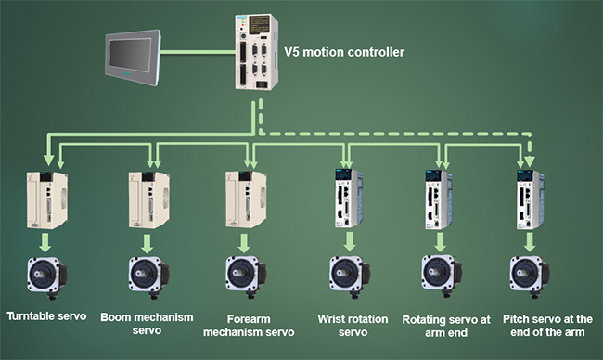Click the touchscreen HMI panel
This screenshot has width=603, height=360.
[x=133, y=58]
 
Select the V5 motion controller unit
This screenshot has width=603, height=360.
[x=256, y=52]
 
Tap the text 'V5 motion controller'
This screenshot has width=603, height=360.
[x=344, y=52]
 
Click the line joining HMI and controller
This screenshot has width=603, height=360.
[x=199, y=52]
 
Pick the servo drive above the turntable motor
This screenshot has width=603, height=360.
[x=47, y=200]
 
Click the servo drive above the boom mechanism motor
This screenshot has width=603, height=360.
[x=148, y=200]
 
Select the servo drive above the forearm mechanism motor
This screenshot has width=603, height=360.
[x=246, y=199]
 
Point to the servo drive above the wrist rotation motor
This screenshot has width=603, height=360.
[x=349, y=199]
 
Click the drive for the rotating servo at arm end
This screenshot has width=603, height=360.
[x=439, y=199]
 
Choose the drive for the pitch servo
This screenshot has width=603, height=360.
[x=530, y=199]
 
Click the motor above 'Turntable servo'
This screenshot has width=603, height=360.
[x=47, y=277]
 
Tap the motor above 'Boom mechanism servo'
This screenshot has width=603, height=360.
[x=148, y=277]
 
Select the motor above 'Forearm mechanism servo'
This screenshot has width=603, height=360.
[x=246, y=277]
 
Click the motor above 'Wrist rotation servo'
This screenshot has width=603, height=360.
[x=350, y=277]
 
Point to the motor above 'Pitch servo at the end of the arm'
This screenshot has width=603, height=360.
[x=530, y=277]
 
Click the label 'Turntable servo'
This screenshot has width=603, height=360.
[x=46, y=316]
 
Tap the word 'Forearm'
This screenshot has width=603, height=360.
[x=249, y=319]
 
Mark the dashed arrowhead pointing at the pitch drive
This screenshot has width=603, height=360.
[x=531, y=161]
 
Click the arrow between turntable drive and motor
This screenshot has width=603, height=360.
[x=45, y=242]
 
